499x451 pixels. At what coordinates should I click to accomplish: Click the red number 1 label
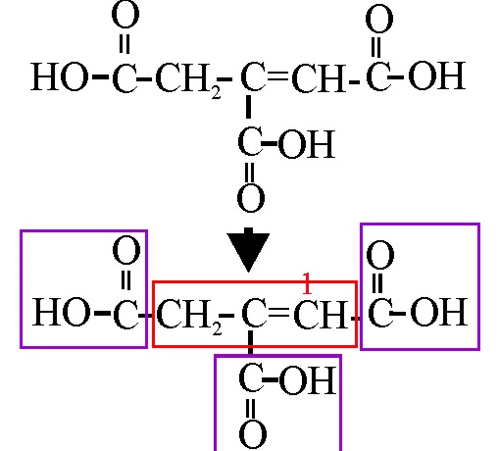point(307,283)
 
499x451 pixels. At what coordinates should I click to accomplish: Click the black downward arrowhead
point(248,251)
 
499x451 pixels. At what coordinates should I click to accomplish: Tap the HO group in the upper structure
point(59,76)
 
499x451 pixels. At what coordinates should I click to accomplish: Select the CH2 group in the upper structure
point(188,79)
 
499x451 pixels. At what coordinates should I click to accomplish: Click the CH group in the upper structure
point(319,77)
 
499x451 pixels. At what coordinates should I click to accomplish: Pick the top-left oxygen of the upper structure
point(125,16)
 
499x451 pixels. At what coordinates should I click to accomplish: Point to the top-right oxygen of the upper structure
point(379,19)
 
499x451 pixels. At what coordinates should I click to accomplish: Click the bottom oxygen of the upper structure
point(251,199)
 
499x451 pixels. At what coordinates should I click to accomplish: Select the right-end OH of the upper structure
point(437,76)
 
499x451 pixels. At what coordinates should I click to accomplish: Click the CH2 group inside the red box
point(189,315)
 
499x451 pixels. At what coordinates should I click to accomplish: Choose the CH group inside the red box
point(321,314)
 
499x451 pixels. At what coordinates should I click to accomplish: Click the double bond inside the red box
point(278,313)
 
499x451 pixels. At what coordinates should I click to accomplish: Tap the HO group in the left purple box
point(61,312)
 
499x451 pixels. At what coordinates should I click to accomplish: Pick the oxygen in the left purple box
point(126,250)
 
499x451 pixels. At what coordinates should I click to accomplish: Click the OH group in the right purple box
point(439,312)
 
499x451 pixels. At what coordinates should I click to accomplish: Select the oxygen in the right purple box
point(380,255)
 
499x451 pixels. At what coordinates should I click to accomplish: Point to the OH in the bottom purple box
point(308,380)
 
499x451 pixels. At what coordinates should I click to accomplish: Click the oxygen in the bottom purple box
point(253,434)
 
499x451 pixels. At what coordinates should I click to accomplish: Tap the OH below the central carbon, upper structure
point(306,144)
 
